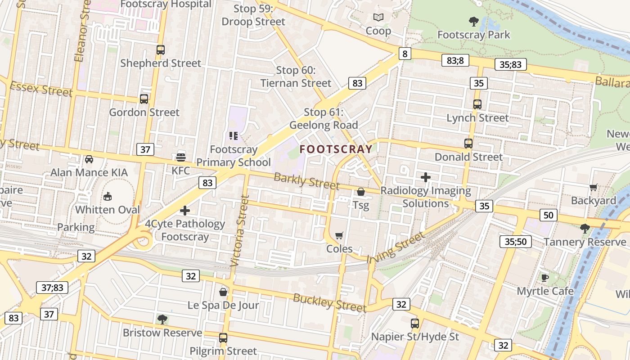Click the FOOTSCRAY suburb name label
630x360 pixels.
pyautogui.click(x=336, y=149)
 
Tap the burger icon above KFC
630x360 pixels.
pyautogui.click(x=181, y=157)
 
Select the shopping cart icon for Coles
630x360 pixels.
pyautogui.click(x=339, y=235)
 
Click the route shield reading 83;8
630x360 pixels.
pyautogui.click(x=455, y=60)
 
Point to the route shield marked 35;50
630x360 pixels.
pyautogui.click(x=515, y=242)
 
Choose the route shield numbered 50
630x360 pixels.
pyautogui.click(x=548, y=215)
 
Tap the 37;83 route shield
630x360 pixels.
pyautogui.click(x=52, y=287)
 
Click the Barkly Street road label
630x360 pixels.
pyautogui.click(x=306, y=181)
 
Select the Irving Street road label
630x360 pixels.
pyautogui.click(x=396, y=247)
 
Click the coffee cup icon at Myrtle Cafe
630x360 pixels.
pyautogui.click(x=544, y=278)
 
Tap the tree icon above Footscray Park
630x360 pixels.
pyautogui.click(x=473, y=21)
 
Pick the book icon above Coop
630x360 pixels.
pyautogui.click(x=378, y=18)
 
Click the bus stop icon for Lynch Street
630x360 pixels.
pyautogui.click(x=477, y=104)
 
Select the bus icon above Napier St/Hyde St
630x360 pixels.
pyautogui.click(x=415, y=323)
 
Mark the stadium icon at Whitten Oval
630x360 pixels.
pyautogui.click(x=108, y=196)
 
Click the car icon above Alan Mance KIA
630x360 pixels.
pyautogui.click(x=89, y=159)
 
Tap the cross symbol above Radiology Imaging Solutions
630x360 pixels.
pyautogui.click(x=426, y=177)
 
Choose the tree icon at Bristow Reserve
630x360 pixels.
pyautogui.click(x=162, y=319)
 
